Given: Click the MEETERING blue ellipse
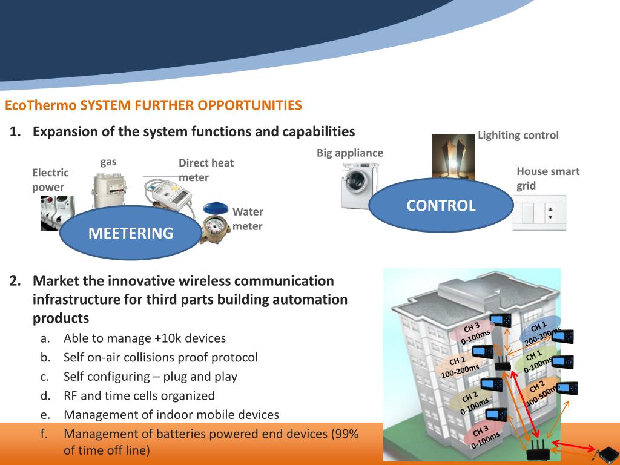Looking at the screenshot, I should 131,233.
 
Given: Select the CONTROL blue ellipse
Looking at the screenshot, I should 441,206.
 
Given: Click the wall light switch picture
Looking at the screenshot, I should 538,212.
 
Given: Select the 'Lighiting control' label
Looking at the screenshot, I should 518,135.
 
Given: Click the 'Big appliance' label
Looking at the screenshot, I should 350,153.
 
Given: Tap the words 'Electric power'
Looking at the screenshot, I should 50,180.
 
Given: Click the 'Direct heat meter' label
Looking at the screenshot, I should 206,170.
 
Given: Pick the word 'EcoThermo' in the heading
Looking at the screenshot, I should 41,105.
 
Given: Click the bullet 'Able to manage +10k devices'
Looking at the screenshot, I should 145,338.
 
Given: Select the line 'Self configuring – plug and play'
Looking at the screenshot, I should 150,376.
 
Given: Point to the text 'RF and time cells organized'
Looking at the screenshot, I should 139,395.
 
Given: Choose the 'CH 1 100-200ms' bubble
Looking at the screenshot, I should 460,366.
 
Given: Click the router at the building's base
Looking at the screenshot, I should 536,449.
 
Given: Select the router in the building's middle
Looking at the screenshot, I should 502,363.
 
